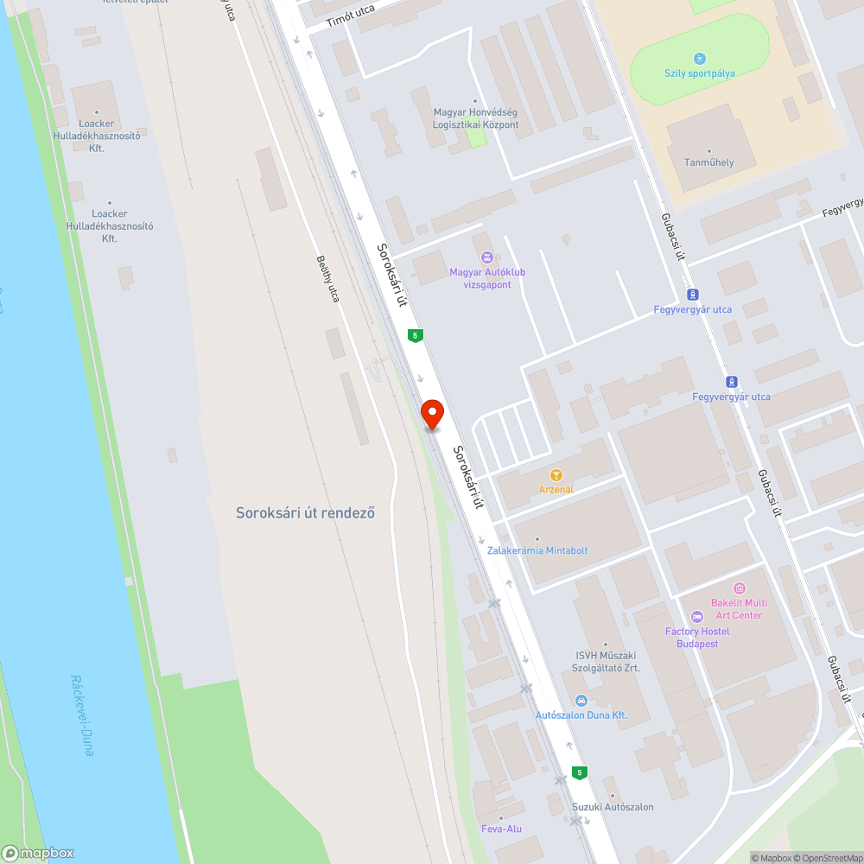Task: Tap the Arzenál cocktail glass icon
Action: [556, 474]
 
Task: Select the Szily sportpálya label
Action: [700, 73]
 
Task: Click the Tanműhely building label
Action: [708, 162]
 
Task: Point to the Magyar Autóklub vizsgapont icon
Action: [487, 257]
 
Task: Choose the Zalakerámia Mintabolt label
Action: [537, 550]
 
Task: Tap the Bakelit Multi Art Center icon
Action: [738, 588]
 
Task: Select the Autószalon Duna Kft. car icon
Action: [581, 700]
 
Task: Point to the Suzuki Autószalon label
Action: [613, 807]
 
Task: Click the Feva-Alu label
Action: [500, 829]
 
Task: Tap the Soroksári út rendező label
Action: [305, 512]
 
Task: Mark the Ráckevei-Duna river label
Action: [82, 715]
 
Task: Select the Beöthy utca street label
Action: [327, 278]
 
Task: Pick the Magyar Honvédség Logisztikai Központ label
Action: [476, 118]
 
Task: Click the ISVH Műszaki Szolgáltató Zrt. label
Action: [607, 661]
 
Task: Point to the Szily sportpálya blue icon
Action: [700, 58]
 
